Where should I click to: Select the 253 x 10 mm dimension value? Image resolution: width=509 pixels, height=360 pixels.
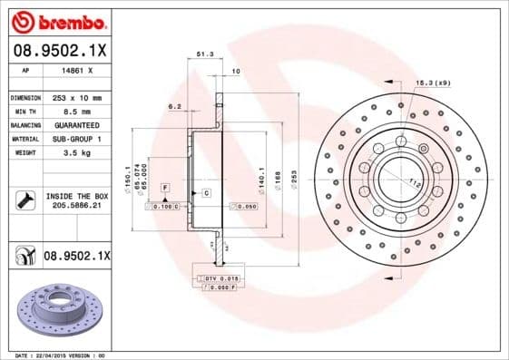(x=75, y=97)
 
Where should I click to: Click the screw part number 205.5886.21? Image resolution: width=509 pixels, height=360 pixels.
(x=76, y=206)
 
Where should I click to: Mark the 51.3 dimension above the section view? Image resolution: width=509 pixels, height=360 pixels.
(x=205, y=55)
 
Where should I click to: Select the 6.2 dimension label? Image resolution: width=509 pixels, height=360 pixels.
(x=174, y=106)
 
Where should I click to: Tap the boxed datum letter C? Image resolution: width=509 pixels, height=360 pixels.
(x=206, y=193)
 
